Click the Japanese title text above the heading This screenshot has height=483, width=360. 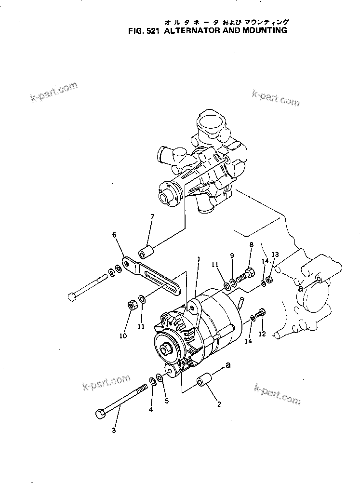226,22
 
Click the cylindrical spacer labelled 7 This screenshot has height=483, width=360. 146,252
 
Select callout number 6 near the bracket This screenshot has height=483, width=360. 114,235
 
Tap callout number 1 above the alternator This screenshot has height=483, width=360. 198,259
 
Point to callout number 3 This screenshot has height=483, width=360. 114,430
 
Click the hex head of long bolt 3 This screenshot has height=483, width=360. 101,414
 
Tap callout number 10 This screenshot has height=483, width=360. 123,335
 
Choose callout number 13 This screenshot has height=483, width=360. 275,254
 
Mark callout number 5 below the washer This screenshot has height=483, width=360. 167,400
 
